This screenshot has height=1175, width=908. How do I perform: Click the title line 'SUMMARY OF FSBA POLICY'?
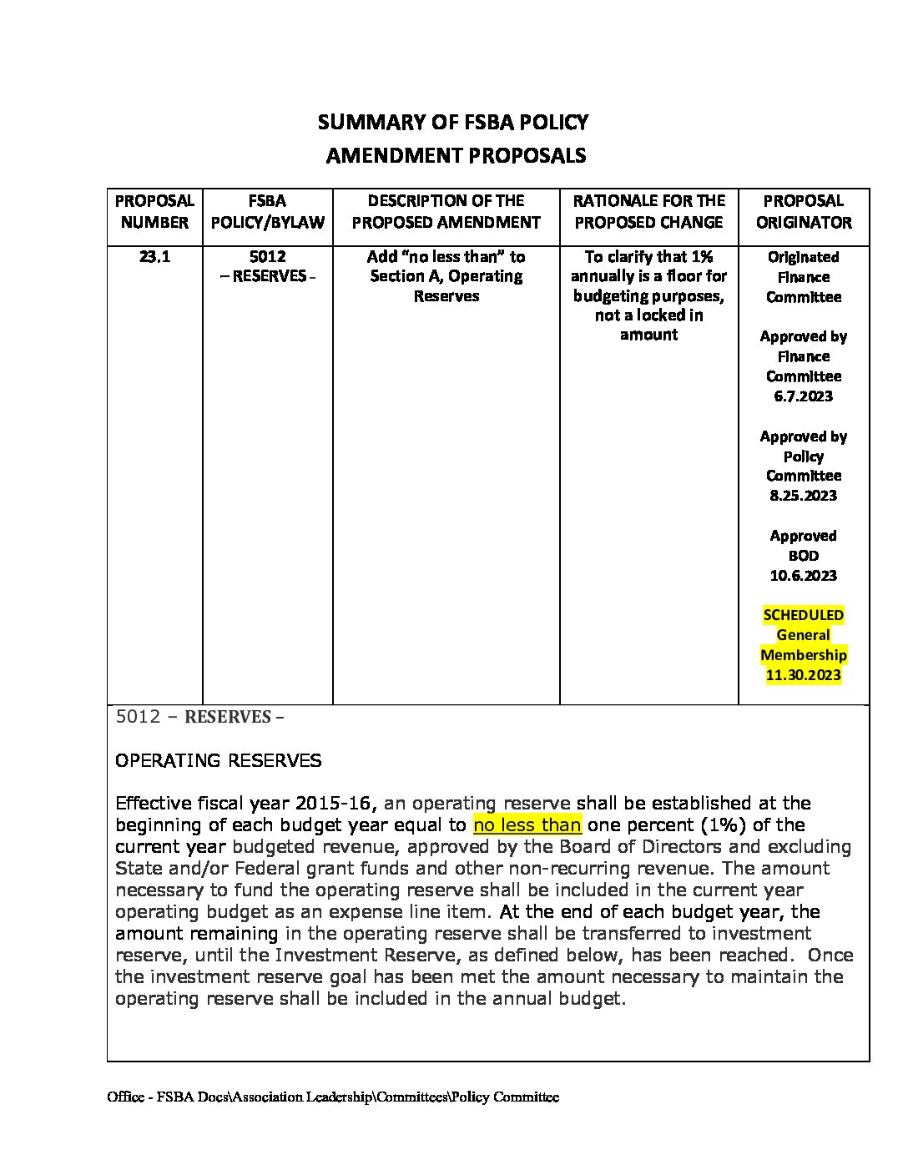pyautogui.click(x=452, y=123)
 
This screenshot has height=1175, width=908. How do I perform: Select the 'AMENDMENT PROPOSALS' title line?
pyautogui.click(x=455, y=156)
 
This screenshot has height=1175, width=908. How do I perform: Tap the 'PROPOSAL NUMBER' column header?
pyautogui.click(x=154, y=212)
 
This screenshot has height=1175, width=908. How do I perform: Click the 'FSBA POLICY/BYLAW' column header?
pyautogui.click(x=267, y=212)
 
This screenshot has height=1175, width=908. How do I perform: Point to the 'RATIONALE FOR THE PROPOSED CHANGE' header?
pyautogui.click(x=648, y=212)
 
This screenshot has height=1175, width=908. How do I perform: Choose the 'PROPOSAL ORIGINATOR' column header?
pyautogui.click(x=804, y=212)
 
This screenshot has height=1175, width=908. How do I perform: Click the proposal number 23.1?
pyautogui.click(x=154, y=257)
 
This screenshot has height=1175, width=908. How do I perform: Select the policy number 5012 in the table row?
pyautogui.click(x=267, y=257)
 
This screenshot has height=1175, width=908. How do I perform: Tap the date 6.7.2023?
pyautogui.click(x=803, y=396)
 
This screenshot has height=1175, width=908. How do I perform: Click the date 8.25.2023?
pyautogui.click(x=803, y=496)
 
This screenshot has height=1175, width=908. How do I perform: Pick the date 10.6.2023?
pyautogui.click(x=803, y=576)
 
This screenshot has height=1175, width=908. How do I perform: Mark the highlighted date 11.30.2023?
pyautogui.click(x=803, y=675)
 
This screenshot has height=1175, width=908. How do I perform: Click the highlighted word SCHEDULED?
pyautogui.click(x=803, y=615)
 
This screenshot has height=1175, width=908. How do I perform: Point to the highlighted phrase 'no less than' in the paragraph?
pyautogui.click(x=527, y=825)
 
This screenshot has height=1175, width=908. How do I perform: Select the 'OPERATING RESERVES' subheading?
pyautogui.click(x=218, y=760)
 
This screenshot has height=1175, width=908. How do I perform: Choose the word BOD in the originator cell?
pyautogui.click(x=803, y=556)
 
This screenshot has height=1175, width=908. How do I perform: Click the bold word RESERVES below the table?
pyautogui.click(x=227, y=717)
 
